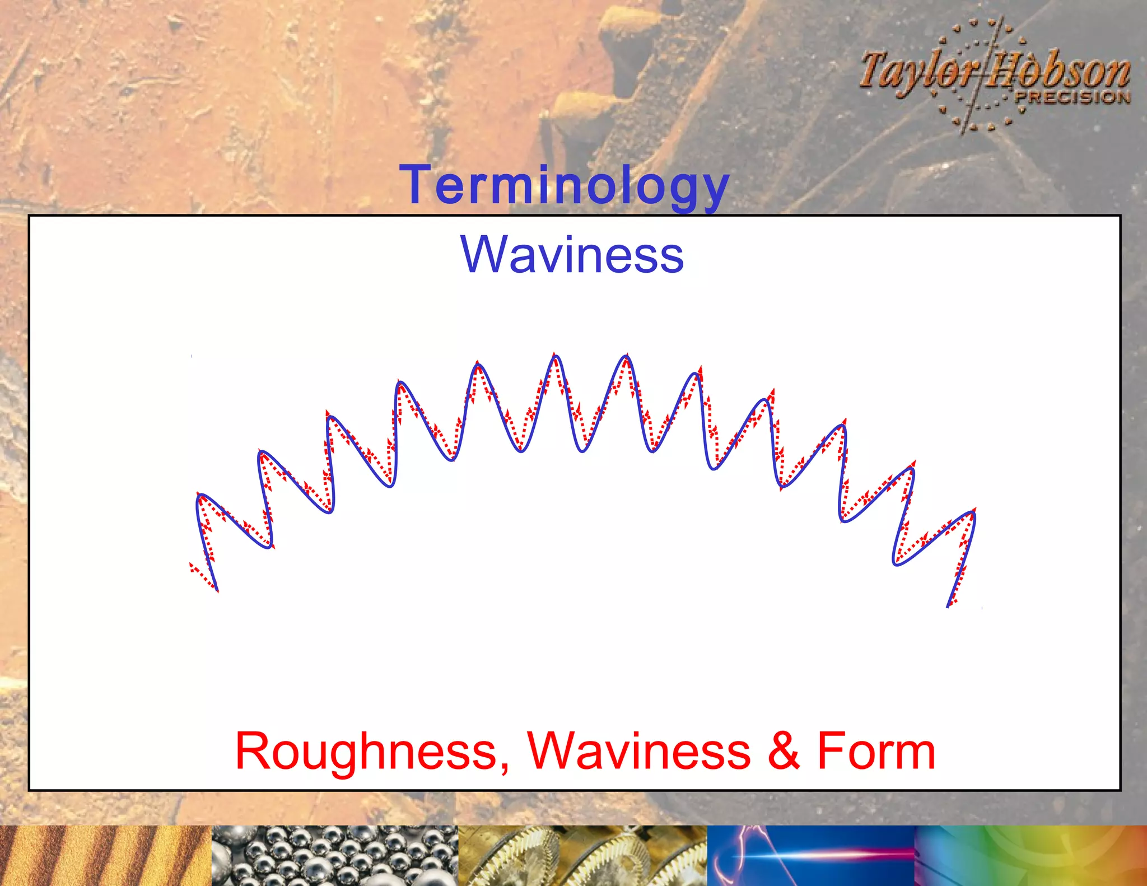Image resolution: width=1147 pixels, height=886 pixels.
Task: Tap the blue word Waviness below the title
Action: pos(572,255)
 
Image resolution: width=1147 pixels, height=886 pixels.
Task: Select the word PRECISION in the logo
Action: pos(1072,97)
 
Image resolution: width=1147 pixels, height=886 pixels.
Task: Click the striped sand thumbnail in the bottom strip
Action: pos(105,855)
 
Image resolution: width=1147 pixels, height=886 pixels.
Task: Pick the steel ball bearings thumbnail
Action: pos(335,855)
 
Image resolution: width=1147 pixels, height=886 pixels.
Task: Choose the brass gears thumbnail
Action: pos(582,855)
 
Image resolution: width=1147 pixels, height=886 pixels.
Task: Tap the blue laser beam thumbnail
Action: pos(811,855)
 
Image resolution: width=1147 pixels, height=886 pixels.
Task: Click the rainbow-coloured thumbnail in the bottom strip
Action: pos(1031,855)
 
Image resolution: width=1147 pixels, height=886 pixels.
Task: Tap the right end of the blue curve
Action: pos(948,606)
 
